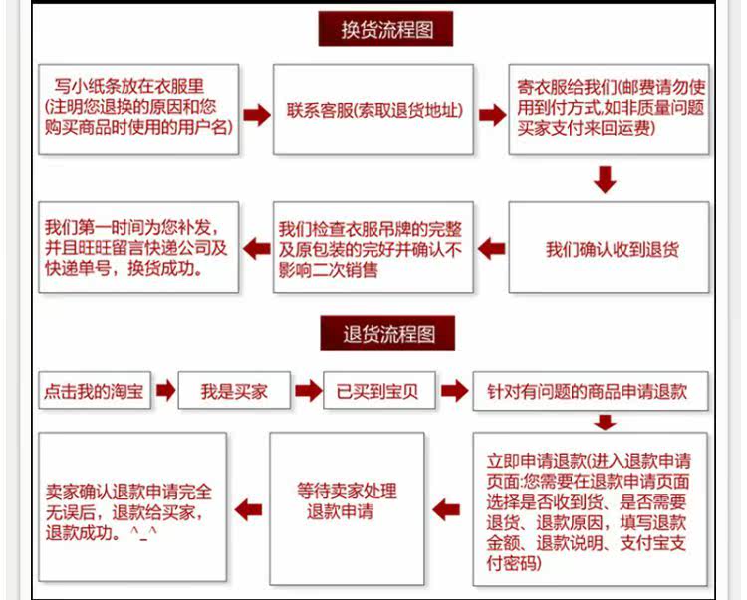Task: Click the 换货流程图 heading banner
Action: click(x=385, y=29)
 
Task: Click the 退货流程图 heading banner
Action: click(x=385, y=333)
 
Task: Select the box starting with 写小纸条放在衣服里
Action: click(x=138, y=110)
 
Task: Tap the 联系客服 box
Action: click(x=373, y=110)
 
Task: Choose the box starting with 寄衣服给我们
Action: click(x=609, y=110)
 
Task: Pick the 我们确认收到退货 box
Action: click(x=609, y=247)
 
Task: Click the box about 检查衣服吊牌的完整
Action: click(x=373, y=247)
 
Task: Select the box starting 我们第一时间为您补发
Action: click(x=138, y=247)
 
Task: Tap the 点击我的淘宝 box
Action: click(x=94, y=391)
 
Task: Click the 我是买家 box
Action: click(x=235, y=391)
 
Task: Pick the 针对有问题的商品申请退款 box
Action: click(x=593, y=391)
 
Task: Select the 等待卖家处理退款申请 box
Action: click(x=347, y=508)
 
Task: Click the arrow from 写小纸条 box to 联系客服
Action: click(x=257, y=114)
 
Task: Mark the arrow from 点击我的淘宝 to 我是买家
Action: click(x=165, y=391)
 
